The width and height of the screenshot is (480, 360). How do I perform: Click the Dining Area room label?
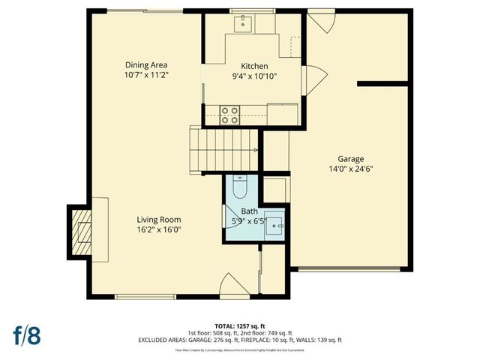145,64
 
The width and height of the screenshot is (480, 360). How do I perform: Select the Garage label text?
350,159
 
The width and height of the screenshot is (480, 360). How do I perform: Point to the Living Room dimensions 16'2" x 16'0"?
158,230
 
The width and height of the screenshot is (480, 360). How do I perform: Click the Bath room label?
249,211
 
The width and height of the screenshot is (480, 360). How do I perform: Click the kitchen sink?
244,25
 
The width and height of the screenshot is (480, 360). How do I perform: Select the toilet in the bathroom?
239,185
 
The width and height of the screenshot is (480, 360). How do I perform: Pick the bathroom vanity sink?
277,224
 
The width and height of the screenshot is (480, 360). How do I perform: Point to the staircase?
223,149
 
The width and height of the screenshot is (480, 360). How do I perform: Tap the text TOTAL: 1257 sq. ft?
240,325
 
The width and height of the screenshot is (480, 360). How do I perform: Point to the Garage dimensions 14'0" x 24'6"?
350,169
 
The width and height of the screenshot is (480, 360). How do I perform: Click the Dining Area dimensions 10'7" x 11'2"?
145,75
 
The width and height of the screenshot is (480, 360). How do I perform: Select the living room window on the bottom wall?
145,297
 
